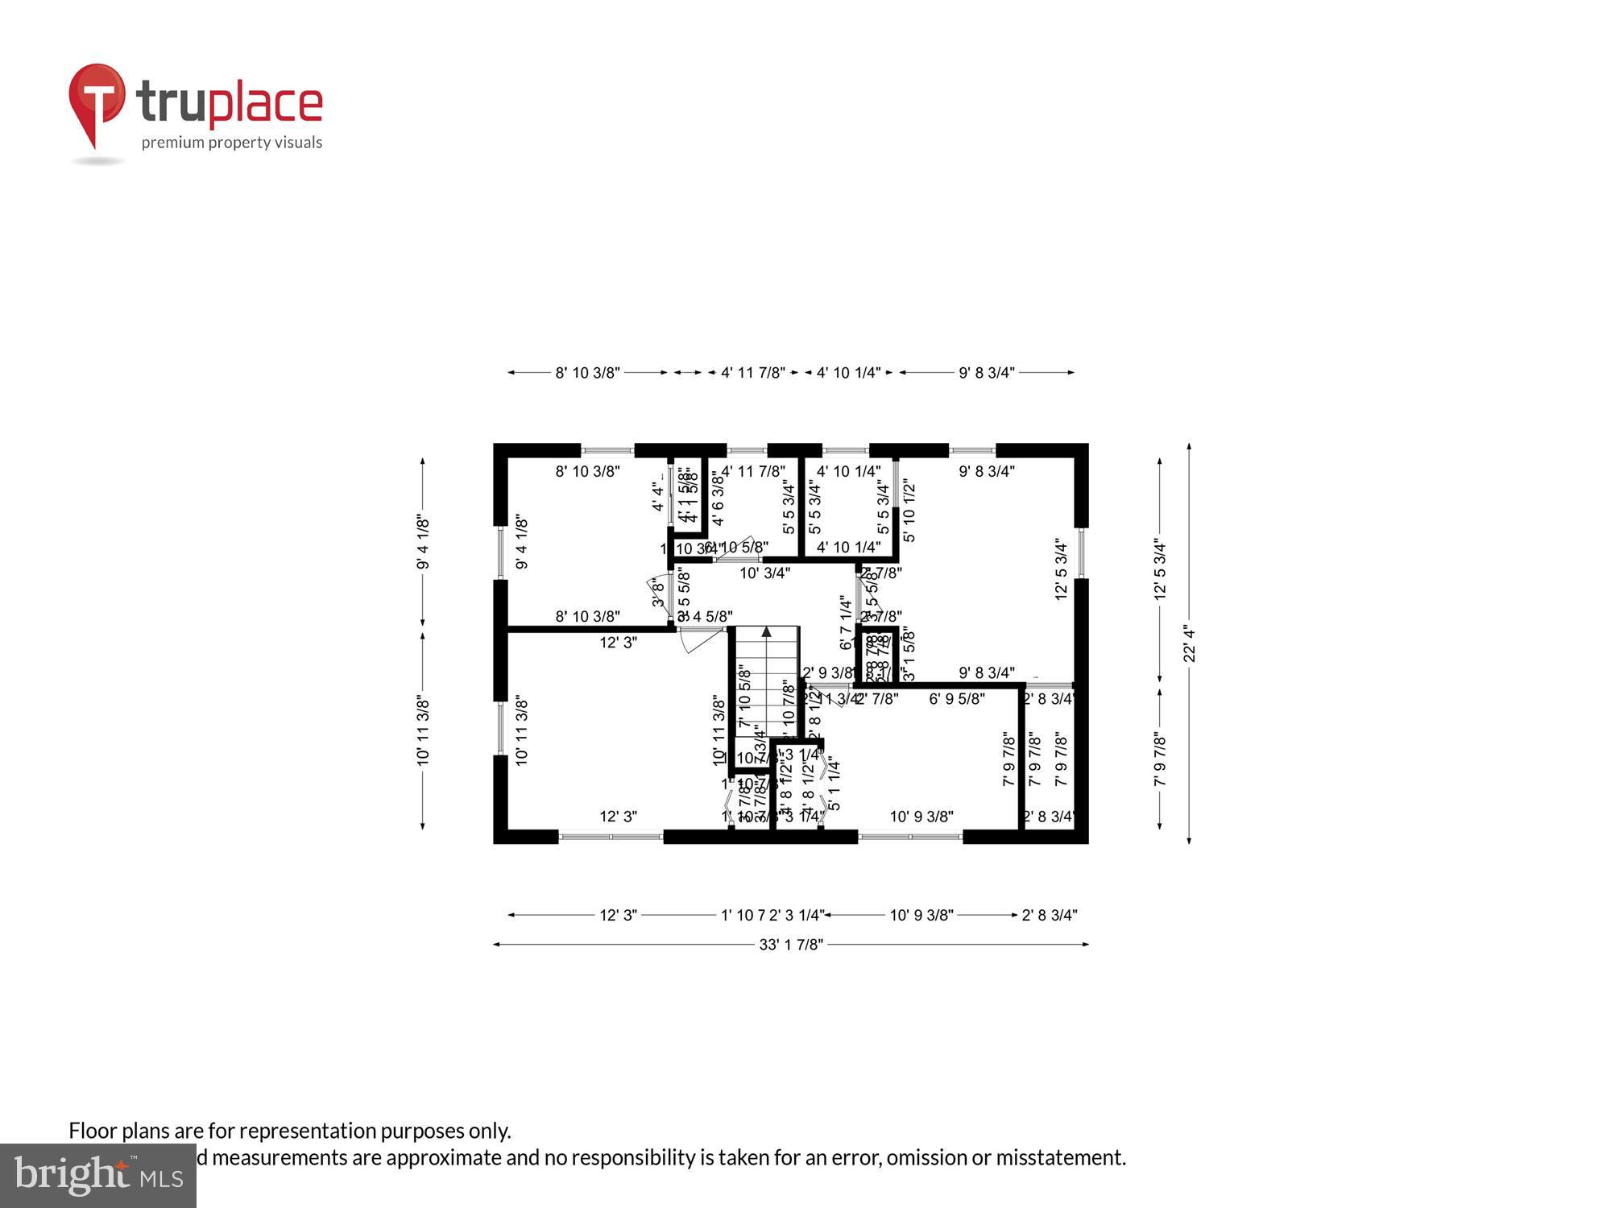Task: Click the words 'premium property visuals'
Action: [x=232, y=143]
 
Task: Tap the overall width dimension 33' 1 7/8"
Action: [x=790, y=944]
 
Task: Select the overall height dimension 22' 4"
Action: [x=1189, y=643]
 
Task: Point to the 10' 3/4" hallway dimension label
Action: [x=764, y=573]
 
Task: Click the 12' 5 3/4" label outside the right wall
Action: [x=1160, y=569]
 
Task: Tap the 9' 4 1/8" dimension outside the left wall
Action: [x=423, y=543]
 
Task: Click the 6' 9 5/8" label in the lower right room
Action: [x=956, y=699]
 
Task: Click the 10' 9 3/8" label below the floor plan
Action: [x=921, y=915]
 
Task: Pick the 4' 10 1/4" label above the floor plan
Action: [x=848, y=372]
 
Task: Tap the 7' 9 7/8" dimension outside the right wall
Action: [x=1160, y=758]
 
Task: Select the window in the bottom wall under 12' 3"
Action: [x=611, y=837]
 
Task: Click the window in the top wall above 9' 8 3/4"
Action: [x=972, y=450]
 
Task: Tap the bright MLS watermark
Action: [x=97, y=1177]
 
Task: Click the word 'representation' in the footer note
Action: [x=307, y=1131]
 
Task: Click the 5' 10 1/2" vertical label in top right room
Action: [x=909, y=511]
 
